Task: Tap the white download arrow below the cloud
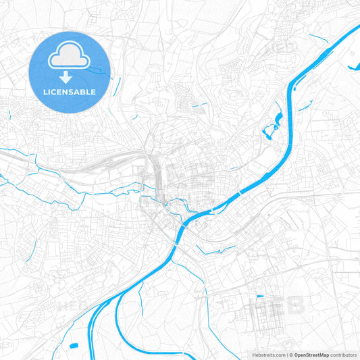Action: (70, 76)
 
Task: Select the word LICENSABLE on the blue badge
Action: (70, 91)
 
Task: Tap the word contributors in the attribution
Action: (343, 354)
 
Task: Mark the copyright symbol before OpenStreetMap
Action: (290, 354)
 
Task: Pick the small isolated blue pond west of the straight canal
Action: (72, 346)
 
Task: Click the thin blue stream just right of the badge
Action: (119, 84)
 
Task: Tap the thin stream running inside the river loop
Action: (140, 297)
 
